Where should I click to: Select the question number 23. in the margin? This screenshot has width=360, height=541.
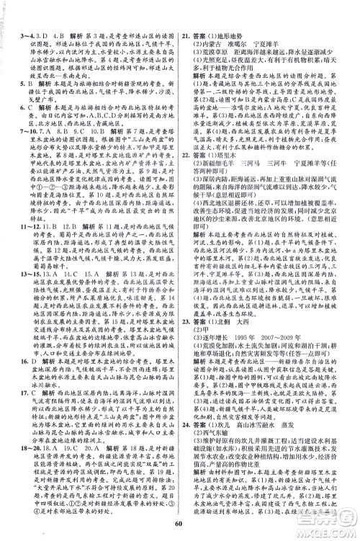(186, 329)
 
